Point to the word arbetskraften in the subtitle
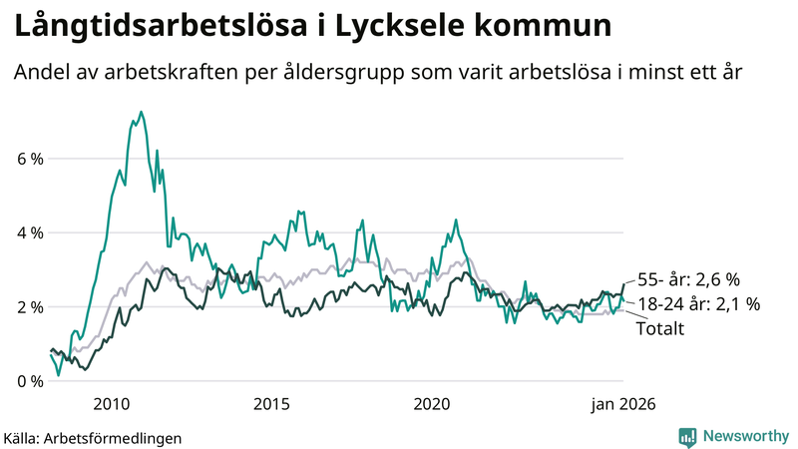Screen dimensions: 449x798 (216, 73)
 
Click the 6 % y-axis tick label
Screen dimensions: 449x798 (29, 159)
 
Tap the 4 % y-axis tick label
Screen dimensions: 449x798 (29, 232)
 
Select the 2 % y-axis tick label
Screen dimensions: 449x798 (29, 307)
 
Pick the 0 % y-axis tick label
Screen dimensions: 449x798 (29, 381)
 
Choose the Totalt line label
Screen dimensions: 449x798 (659, 328)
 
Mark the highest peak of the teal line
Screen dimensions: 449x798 (141, 112)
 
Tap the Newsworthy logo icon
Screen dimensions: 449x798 (687, 436)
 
